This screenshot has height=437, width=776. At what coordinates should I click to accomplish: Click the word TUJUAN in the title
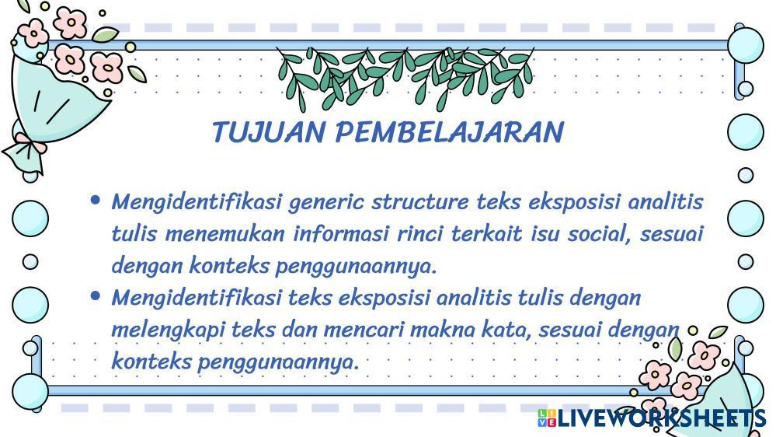pyautogui.click(x=269, y=132)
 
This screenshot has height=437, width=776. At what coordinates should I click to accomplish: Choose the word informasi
pyautogui.click(x=340, y=233)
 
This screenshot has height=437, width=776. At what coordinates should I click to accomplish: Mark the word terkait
pyautogui.click(x=486, y=233)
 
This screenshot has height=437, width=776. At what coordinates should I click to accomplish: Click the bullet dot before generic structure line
pyautogui.click(x=96, y=200)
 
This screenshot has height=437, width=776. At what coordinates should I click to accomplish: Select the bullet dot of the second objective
pyautogui.click(x=96, y=295)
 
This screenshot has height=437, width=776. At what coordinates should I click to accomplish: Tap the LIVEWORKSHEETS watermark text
pyautogui.click(x=662, y=418)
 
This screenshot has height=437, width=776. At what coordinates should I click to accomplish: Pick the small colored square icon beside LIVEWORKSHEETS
pyautogui.click(x=547, y=418)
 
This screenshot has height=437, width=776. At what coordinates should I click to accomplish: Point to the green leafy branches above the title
pyautogui.click(x=405, y=77)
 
